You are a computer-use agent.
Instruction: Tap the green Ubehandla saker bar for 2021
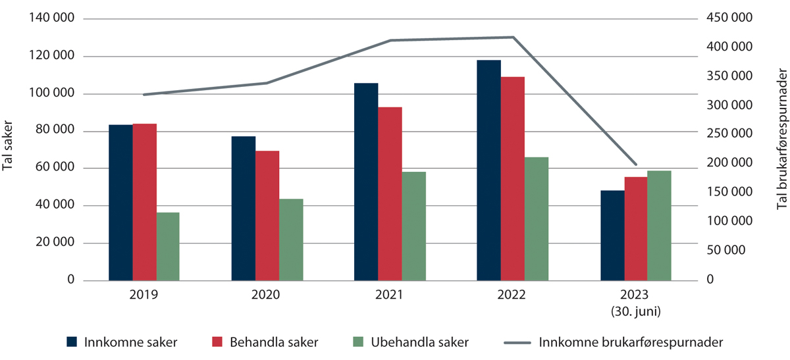(x=414, y=226)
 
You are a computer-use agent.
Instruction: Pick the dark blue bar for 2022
(x=488, y=170)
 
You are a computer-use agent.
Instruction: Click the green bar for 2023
(x=659, y=226)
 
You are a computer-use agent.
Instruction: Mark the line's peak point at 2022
(x=513, y=38)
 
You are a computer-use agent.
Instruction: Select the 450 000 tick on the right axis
(x=731, y=19)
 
